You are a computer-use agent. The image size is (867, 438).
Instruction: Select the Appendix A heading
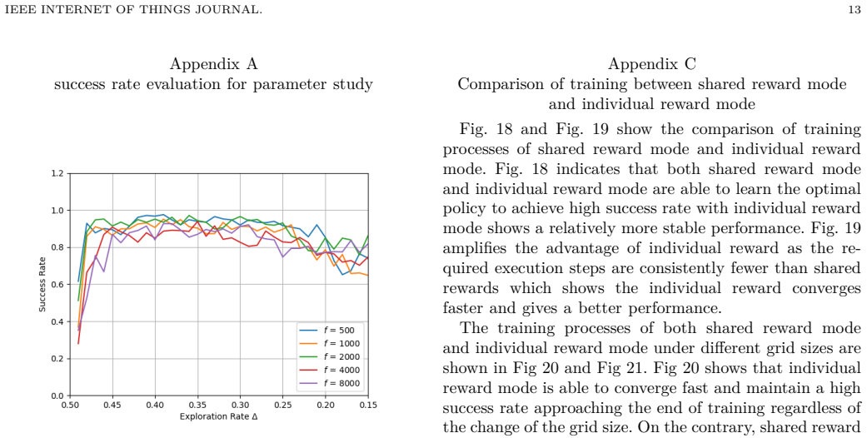[x=213, y=64]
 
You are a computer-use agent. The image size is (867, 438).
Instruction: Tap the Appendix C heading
[x=652, y=64]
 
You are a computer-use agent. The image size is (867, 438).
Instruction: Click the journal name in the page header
[x=133, y=9]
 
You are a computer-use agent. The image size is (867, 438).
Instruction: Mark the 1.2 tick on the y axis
[x=57, y=174]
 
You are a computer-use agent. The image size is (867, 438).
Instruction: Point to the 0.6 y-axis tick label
[x=57, y=285]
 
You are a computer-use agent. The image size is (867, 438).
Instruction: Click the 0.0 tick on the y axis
[x=57, y=396]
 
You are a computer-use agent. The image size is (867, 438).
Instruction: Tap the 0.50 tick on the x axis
[x=70, y=405]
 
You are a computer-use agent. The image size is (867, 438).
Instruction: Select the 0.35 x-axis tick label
[x=197, y=405]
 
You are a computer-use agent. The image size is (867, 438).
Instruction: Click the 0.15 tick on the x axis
[x=367, y=405]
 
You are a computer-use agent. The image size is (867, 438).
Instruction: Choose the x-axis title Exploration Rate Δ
[x=218, y=416]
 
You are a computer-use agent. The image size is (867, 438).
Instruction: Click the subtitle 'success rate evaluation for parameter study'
[x=213, y=85]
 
